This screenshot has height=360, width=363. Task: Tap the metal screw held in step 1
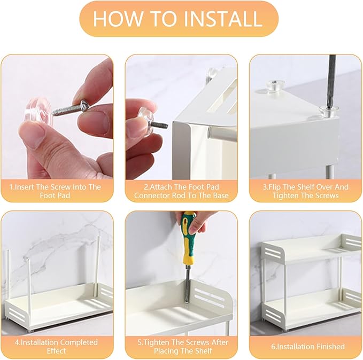70,108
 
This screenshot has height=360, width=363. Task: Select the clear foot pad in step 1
40,111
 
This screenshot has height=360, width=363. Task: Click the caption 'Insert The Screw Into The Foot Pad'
55,191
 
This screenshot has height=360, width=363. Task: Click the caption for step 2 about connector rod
181,191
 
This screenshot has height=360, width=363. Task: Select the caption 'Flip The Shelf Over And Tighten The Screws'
306,191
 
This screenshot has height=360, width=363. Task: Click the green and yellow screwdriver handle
189,238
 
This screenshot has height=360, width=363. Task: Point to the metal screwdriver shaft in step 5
187,284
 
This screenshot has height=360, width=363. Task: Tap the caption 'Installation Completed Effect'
56,346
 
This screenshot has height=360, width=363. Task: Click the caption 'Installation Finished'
308,347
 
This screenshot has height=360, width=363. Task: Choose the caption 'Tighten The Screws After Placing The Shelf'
183,346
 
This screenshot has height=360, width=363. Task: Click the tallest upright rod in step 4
98,265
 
